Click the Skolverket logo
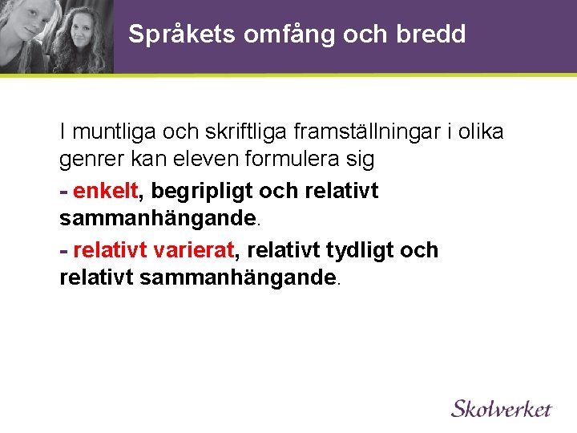click(x=502, y=408)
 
